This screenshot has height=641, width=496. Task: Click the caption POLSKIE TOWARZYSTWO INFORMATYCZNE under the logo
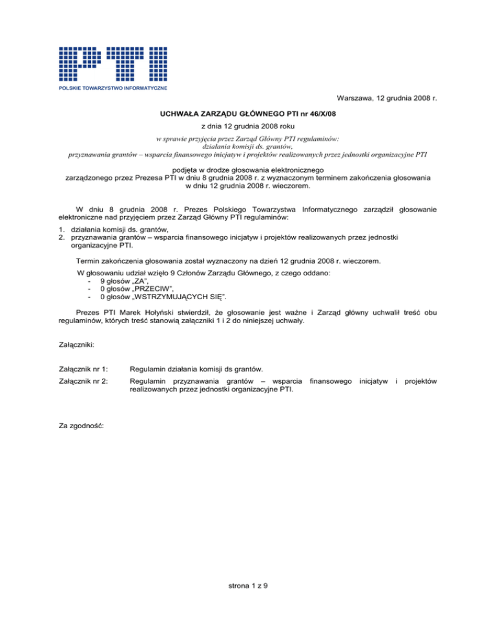click(113, 87)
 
